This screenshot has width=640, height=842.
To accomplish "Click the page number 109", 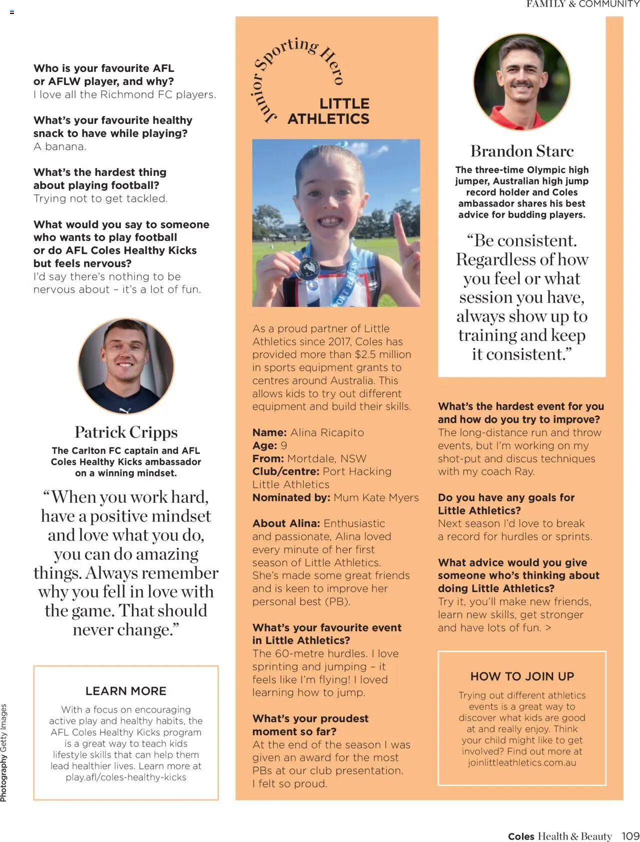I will tap(630, 836).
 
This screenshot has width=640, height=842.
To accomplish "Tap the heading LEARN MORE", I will tap(126, 691).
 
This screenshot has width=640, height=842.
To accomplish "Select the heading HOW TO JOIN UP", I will tap(522, 676).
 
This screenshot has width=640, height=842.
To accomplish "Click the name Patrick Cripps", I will tap(126, 432).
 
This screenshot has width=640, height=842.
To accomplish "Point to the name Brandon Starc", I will tap(522, 151).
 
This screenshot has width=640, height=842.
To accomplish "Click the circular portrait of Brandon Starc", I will tap(521, 82).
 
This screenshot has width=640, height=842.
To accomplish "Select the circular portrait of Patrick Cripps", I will tap(126, 366).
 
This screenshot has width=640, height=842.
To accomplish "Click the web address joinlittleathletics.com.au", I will tap(522, 763).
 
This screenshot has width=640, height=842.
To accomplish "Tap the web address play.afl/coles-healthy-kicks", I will tap(126, 777).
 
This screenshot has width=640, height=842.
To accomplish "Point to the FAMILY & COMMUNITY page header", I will tap(582, 4).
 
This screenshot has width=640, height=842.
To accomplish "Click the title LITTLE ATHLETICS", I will tap(329, 111).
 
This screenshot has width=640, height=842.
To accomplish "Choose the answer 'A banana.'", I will tap(60, 146).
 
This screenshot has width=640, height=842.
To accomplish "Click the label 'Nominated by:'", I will tap(291, 498).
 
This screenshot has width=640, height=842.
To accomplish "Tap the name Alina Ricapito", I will tap(327, 433).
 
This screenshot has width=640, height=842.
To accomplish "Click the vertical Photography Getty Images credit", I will tap(4, 753).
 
